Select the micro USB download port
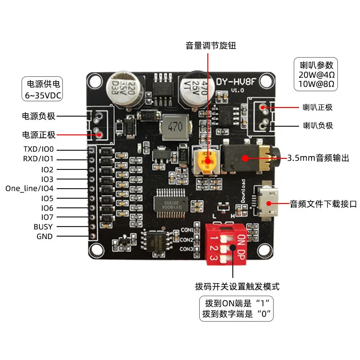click(x=271, y=204)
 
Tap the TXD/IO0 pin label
click(x=39, y=149)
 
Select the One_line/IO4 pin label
click(x=30, y=188)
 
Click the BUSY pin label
click(x=43, y=227)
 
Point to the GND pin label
click(x=45, y=236)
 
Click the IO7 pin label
click(x=48, y=217)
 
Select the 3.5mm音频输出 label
click(x=318, y=158)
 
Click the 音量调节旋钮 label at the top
click(x=211, y=46)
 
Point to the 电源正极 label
click(x=39, y=134)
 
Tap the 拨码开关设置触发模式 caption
click(x=237, y=287)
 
